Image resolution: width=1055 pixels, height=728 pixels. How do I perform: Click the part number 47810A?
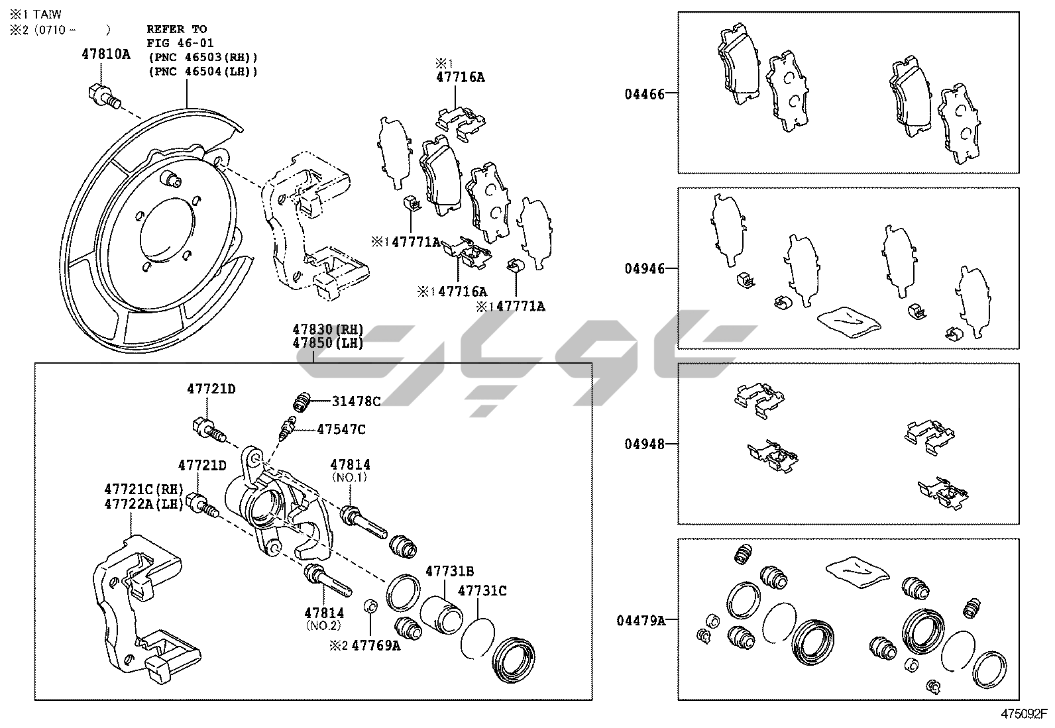(106, 54)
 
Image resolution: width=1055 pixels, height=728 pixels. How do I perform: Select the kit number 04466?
(643, 93)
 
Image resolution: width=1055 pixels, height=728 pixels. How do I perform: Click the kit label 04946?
(643, 269)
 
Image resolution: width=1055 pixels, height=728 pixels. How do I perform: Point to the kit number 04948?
(643, 444)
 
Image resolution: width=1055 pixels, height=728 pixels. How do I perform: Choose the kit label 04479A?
(640, 621)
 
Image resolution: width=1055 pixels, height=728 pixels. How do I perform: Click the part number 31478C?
(356, 401)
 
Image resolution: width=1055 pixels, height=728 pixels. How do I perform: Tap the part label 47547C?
(341, 429)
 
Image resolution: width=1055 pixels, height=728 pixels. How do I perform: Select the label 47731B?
(449, 571)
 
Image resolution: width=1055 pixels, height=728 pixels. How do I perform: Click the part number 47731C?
(482, 590)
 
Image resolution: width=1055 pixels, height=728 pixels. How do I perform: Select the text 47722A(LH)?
(144, 503)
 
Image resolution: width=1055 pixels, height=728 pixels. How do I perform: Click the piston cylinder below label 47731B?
(442, 607)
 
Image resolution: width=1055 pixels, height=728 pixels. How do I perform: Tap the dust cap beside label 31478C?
(302, 401)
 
